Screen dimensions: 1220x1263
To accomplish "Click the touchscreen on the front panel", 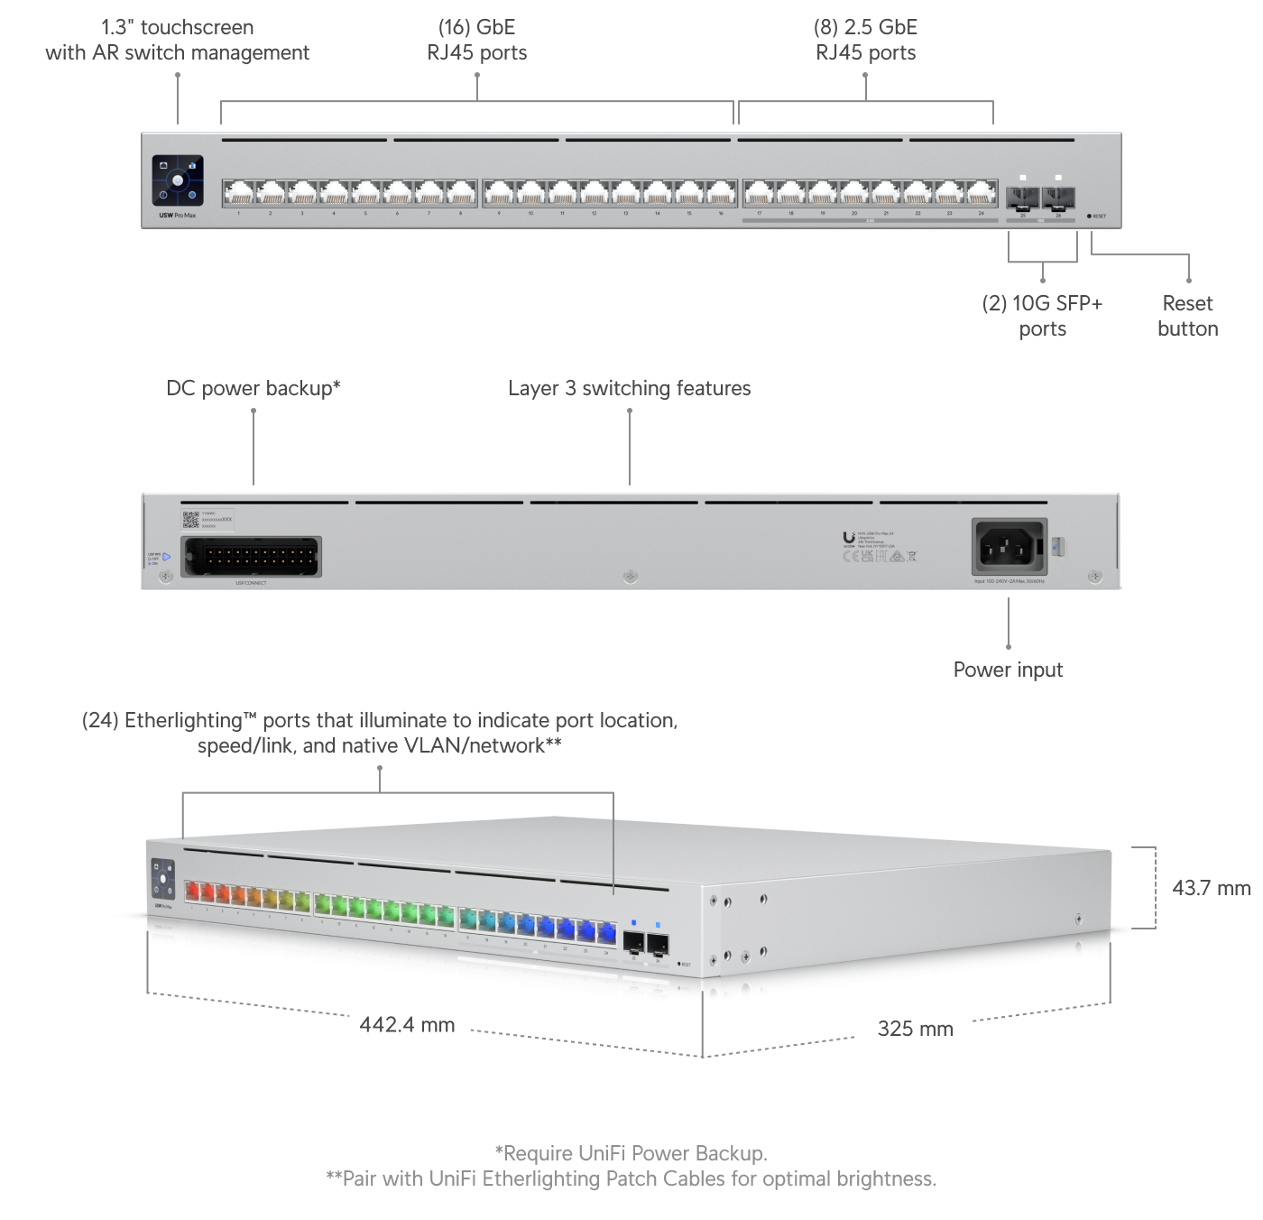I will pyautogui.click(x=178, y=180).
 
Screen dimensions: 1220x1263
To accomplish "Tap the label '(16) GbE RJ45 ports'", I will pyautogui.click(x=476, y=40).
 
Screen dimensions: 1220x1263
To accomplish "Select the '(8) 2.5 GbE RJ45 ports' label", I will pyautogui.click(x=865, y=40).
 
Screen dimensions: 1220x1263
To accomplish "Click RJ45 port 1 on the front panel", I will pyautogui.click(x=239, y=193).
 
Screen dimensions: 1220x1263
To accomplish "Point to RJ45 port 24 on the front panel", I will pyautogui.click(x=981, y=193).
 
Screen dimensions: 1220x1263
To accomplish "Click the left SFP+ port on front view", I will pyautogui.click(x=1023, y=197).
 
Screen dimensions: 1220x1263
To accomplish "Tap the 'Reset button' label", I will pyautogui.click(x=1187, y=316).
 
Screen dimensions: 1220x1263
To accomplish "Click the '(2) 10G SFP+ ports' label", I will pyautogui.click(x=1042, y=316).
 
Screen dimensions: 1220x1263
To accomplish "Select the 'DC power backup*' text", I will pyautogui.click(x=254, y=388).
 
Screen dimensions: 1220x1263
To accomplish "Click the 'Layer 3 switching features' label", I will pyautogui.click(x=629, y=388).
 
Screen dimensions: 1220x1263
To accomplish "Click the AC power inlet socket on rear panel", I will pyautogui.click(x=1009, y=546).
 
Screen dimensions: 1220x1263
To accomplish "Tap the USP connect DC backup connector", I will pyautogui.click(x=251, y=556).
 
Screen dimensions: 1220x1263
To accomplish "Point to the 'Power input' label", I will pyautogui.click(x=1008, y=670).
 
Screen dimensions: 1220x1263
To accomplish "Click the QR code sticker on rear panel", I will pyautogui.click(x=190, y=519).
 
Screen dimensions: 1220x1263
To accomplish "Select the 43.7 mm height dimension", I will pyautogui.click(x=1211, y=888).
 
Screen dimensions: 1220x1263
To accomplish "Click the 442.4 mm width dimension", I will pyautogui.click(x=407, y=1025).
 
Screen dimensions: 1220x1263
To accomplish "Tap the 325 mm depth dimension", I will pyautogui.click(x=915, y=1029).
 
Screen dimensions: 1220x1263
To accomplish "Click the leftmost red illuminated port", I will pyautogui.click(x=192, y=892).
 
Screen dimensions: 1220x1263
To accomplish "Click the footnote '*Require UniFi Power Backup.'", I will pyautogui.click(x=631, y=1153).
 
